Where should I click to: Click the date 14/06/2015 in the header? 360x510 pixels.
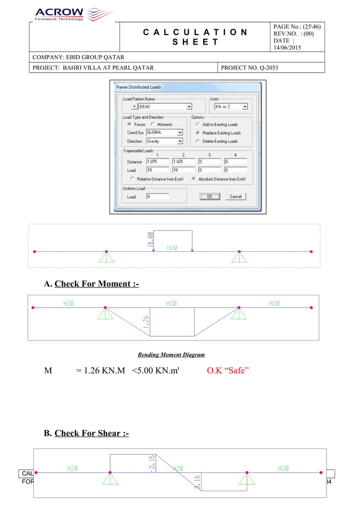(288, 48)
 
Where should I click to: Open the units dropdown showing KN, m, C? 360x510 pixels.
(231, 106)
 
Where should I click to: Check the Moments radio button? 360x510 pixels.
(153, 124)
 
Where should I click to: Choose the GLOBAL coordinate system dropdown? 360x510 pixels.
(164, 133)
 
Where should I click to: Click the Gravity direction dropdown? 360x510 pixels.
(164, 141)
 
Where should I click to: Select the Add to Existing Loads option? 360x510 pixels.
(197, 124)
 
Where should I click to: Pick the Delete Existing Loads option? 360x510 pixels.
(197, 141)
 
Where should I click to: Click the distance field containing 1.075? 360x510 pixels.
(157, 162)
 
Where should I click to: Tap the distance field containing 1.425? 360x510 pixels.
(183, 162)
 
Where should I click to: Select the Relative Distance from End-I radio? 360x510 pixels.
(133, 178)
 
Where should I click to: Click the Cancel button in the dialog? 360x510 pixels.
(236, 197)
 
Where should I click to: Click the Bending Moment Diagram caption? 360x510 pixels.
(172, 355)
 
